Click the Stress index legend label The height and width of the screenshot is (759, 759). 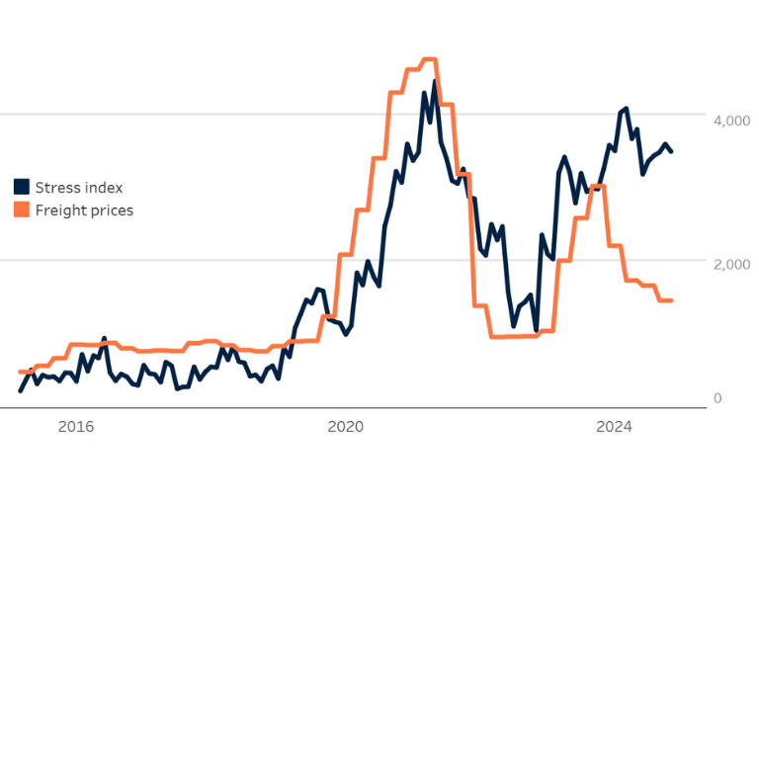79,188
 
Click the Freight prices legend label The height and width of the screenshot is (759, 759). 84,211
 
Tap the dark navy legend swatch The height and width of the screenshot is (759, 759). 22,187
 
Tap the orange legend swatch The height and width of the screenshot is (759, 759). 22,210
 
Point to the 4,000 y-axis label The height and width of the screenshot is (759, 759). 731,121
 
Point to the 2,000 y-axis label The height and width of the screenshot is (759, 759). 731,265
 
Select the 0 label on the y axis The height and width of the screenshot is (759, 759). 717,398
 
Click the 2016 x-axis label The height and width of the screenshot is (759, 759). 76,427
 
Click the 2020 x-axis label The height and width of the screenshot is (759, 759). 345,427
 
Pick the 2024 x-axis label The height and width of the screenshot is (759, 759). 614,427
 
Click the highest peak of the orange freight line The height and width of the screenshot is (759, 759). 429,60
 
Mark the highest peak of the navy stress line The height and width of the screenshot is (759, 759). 434,82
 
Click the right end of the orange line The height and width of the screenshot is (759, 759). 672,300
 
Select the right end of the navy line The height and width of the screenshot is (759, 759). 672,151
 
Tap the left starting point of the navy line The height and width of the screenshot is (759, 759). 20,391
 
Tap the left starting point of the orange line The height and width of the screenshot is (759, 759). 20,373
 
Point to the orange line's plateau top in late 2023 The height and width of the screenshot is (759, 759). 597,186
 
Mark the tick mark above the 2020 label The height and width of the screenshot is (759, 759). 345,411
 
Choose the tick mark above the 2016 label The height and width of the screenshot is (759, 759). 76,411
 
